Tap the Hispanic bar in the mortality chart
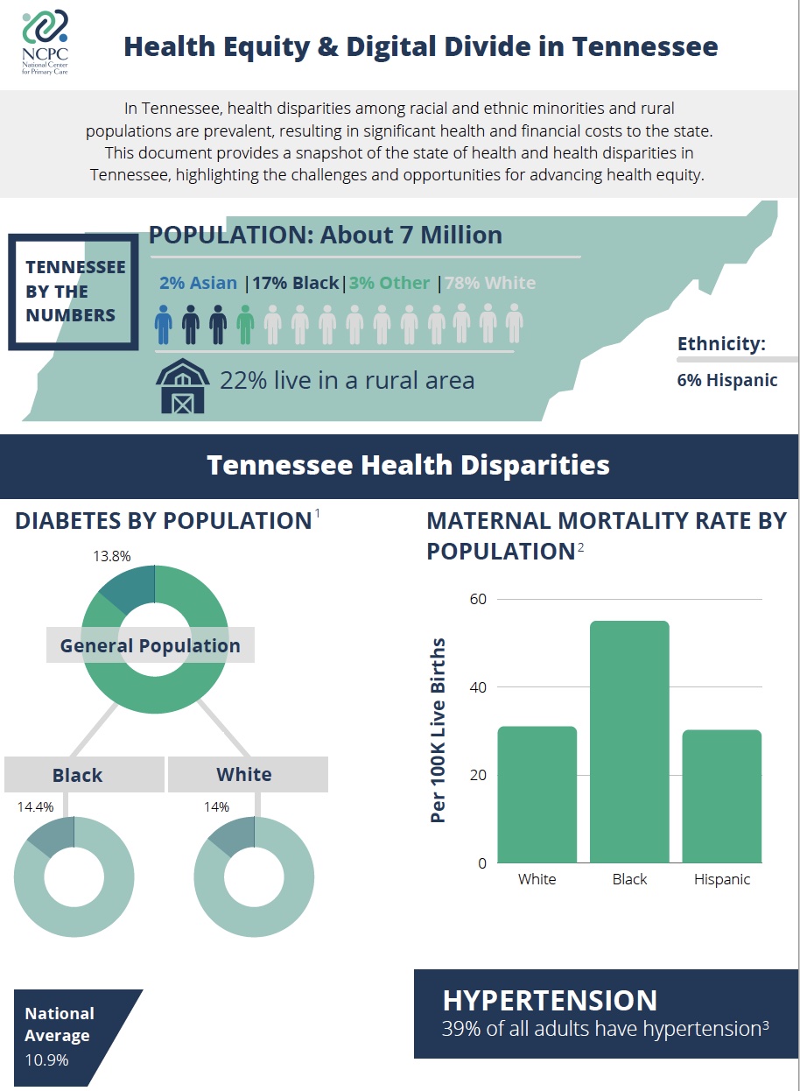pyautogui.click(x=722, y=796)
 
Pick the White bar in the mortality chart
pyautogui.click(x=537, y=794)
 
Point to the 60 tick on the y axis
pyautogui.click(x=478, y=600)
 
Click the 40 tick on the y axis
pyautogui.click(x=478, y=687)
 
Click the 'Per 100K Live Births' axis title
pyautogui.click(x=439, y=730)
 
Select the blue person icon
pyautogui.click(x=164, y=324)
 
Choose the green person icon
pyautogui.click(x=245, y=324)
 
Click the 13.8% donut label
pyautogui.click(x=111, y=556)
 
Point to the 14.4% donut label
pyautogui.click(x=36, y=806)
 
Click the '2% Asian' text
pyautogui.click(x=198, y=283)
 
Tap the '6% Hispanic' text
pyautogui.click(x=726, y=381)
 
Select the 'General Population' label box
pyautogui.click(x=150, y=646)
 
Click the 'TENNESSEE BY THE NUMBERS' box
pyautogui.click(x=74, y=292)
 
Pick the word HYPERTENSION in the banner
pyautogui.click(x=550, y=1001)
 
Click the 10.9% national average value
pyautogui.click(x=46, y=1059)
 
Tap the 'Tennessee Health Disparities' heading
pyautogui.click(x=408, y=465)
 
